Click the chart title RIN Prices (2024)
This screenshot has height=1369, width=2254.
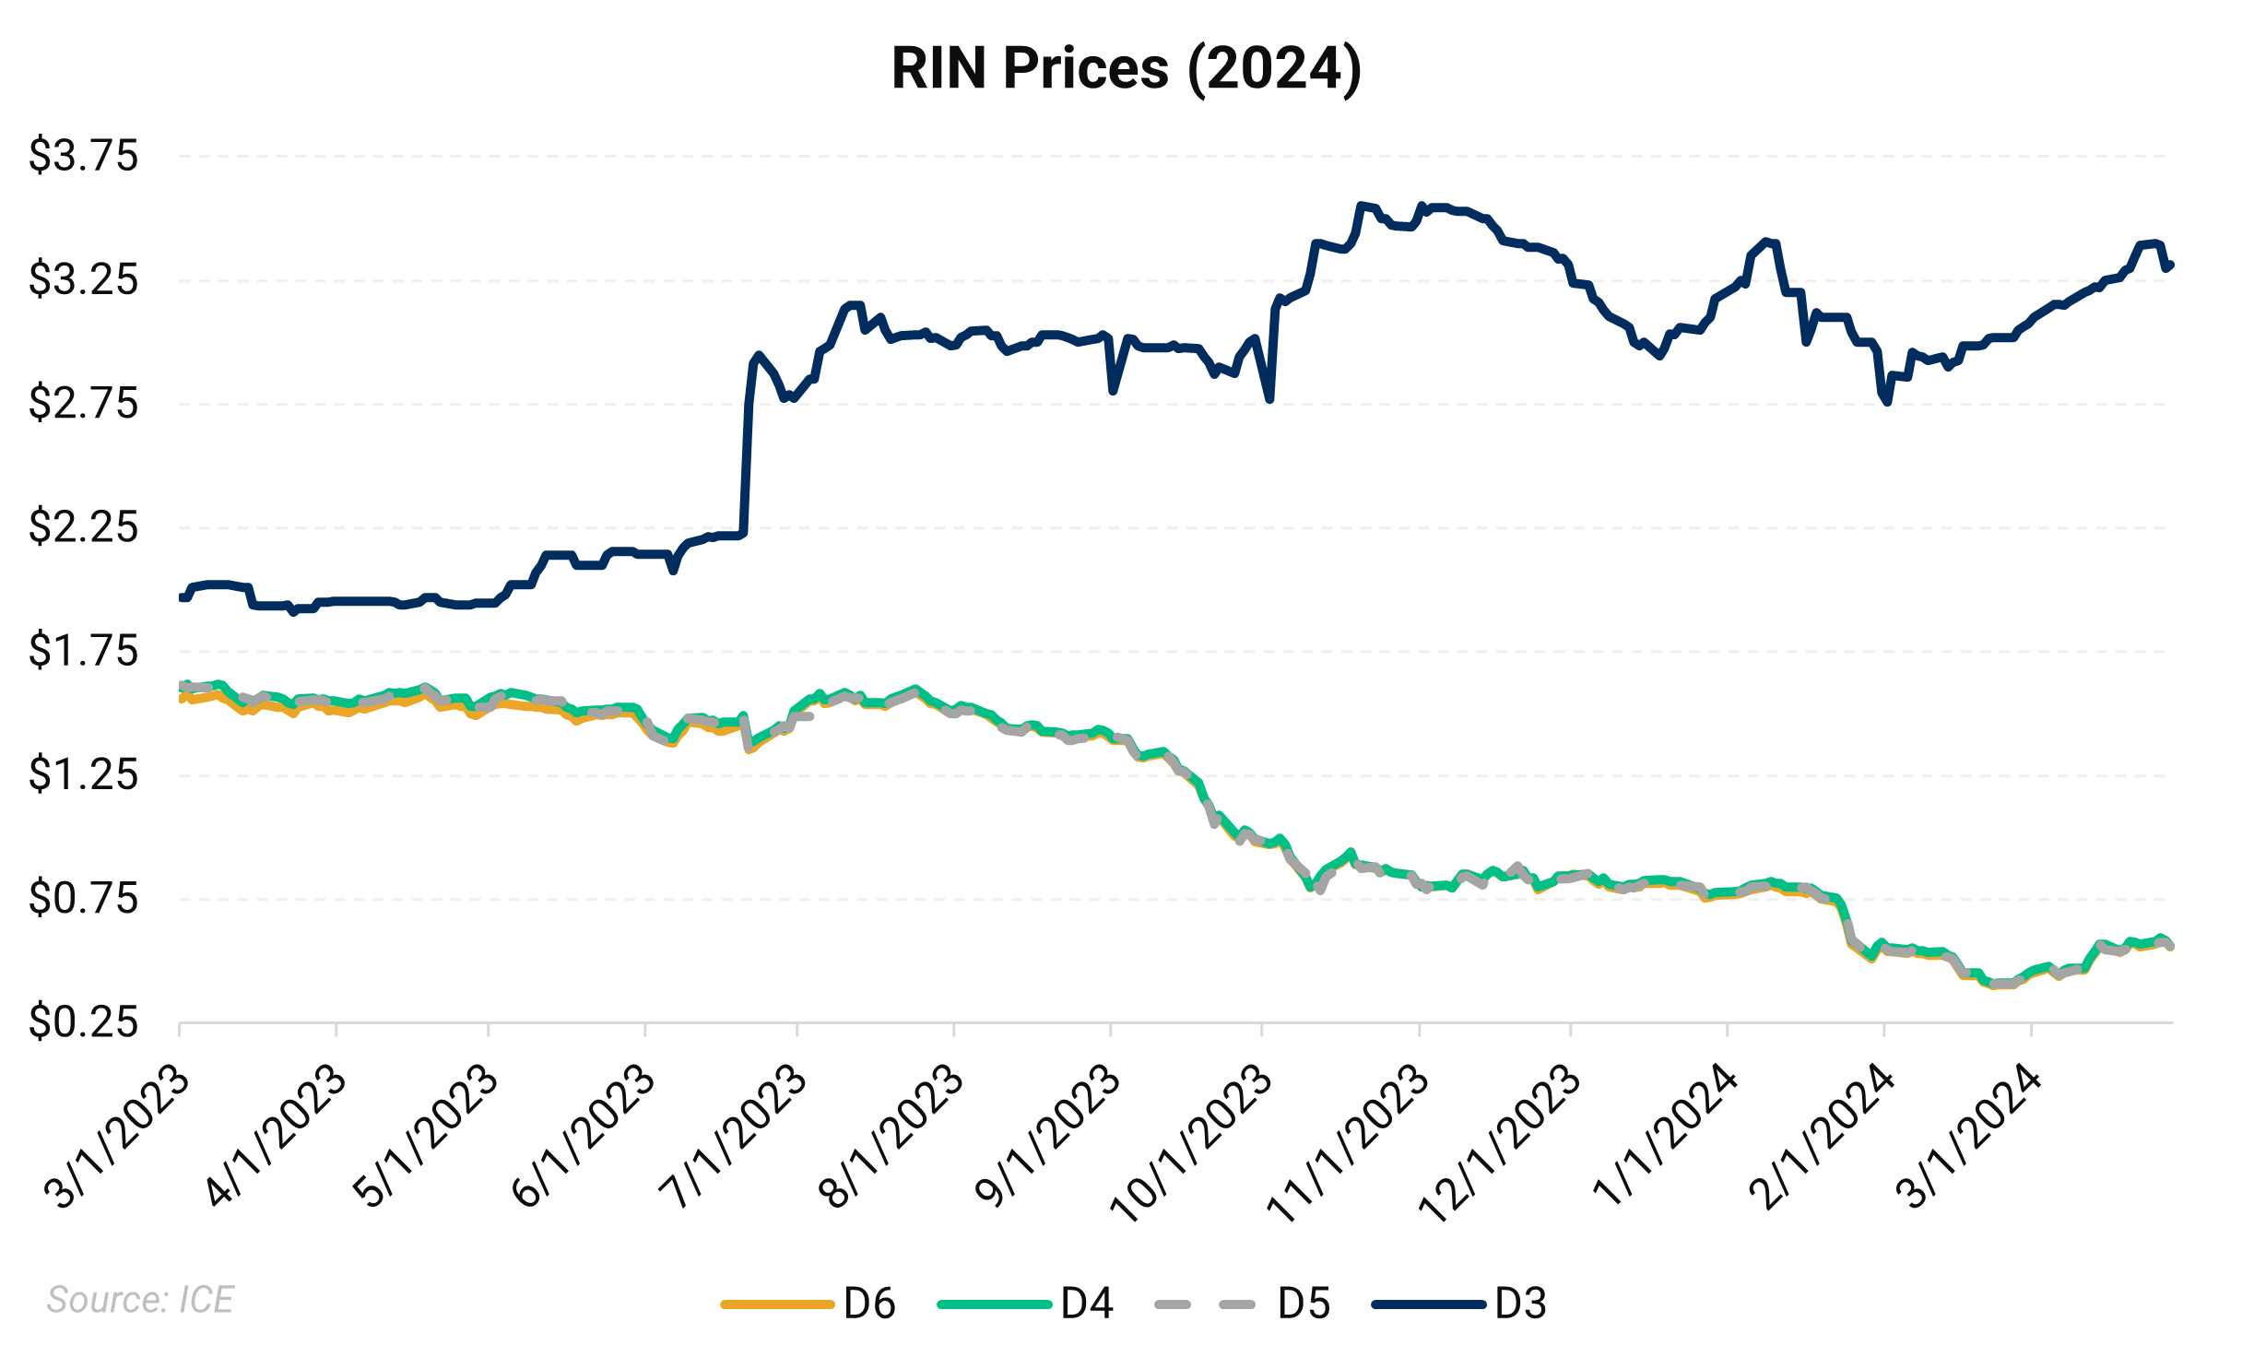click(1126, 69)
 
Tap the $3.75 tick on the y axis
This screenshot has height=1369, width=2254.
click(83, 155)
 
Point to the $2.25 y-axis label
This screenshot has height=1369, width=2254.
click(83, 527)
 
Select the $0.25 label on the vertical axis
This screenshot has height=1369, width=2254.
click(83, 1022)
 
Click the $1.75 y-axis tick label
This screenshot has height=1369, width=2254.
click(83, 651)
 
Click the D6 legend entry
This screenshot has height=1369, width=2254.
click(808, 1304)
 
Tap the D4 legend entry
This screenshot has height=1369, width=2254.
click(1025, 1304)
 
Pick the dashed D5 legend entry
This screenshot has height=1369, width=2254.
click(1242, 1304)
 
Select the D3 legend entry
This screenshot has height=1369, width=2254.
click(1459, 1304)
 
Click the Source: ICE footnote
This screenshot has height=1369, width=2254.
click(140, 1300)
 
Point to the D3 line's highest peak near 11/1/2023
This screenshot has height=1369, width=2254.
click(1361, 205)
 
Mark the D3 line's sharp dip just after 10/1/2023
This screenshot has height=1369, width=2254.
click(1269, 399)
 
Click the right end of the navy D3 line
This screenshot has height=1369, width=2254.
click(2171, 266)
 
